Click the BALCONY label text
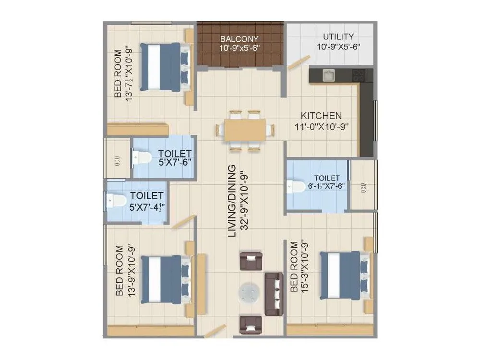239,39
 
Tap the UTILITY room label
338,36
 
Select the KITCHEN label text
321,116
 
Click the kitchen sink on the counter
329,75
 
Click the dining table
245,130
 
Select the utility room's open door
299,62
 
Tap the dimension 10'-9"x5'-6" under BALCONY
239,48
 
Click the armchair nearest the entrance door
250,324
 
